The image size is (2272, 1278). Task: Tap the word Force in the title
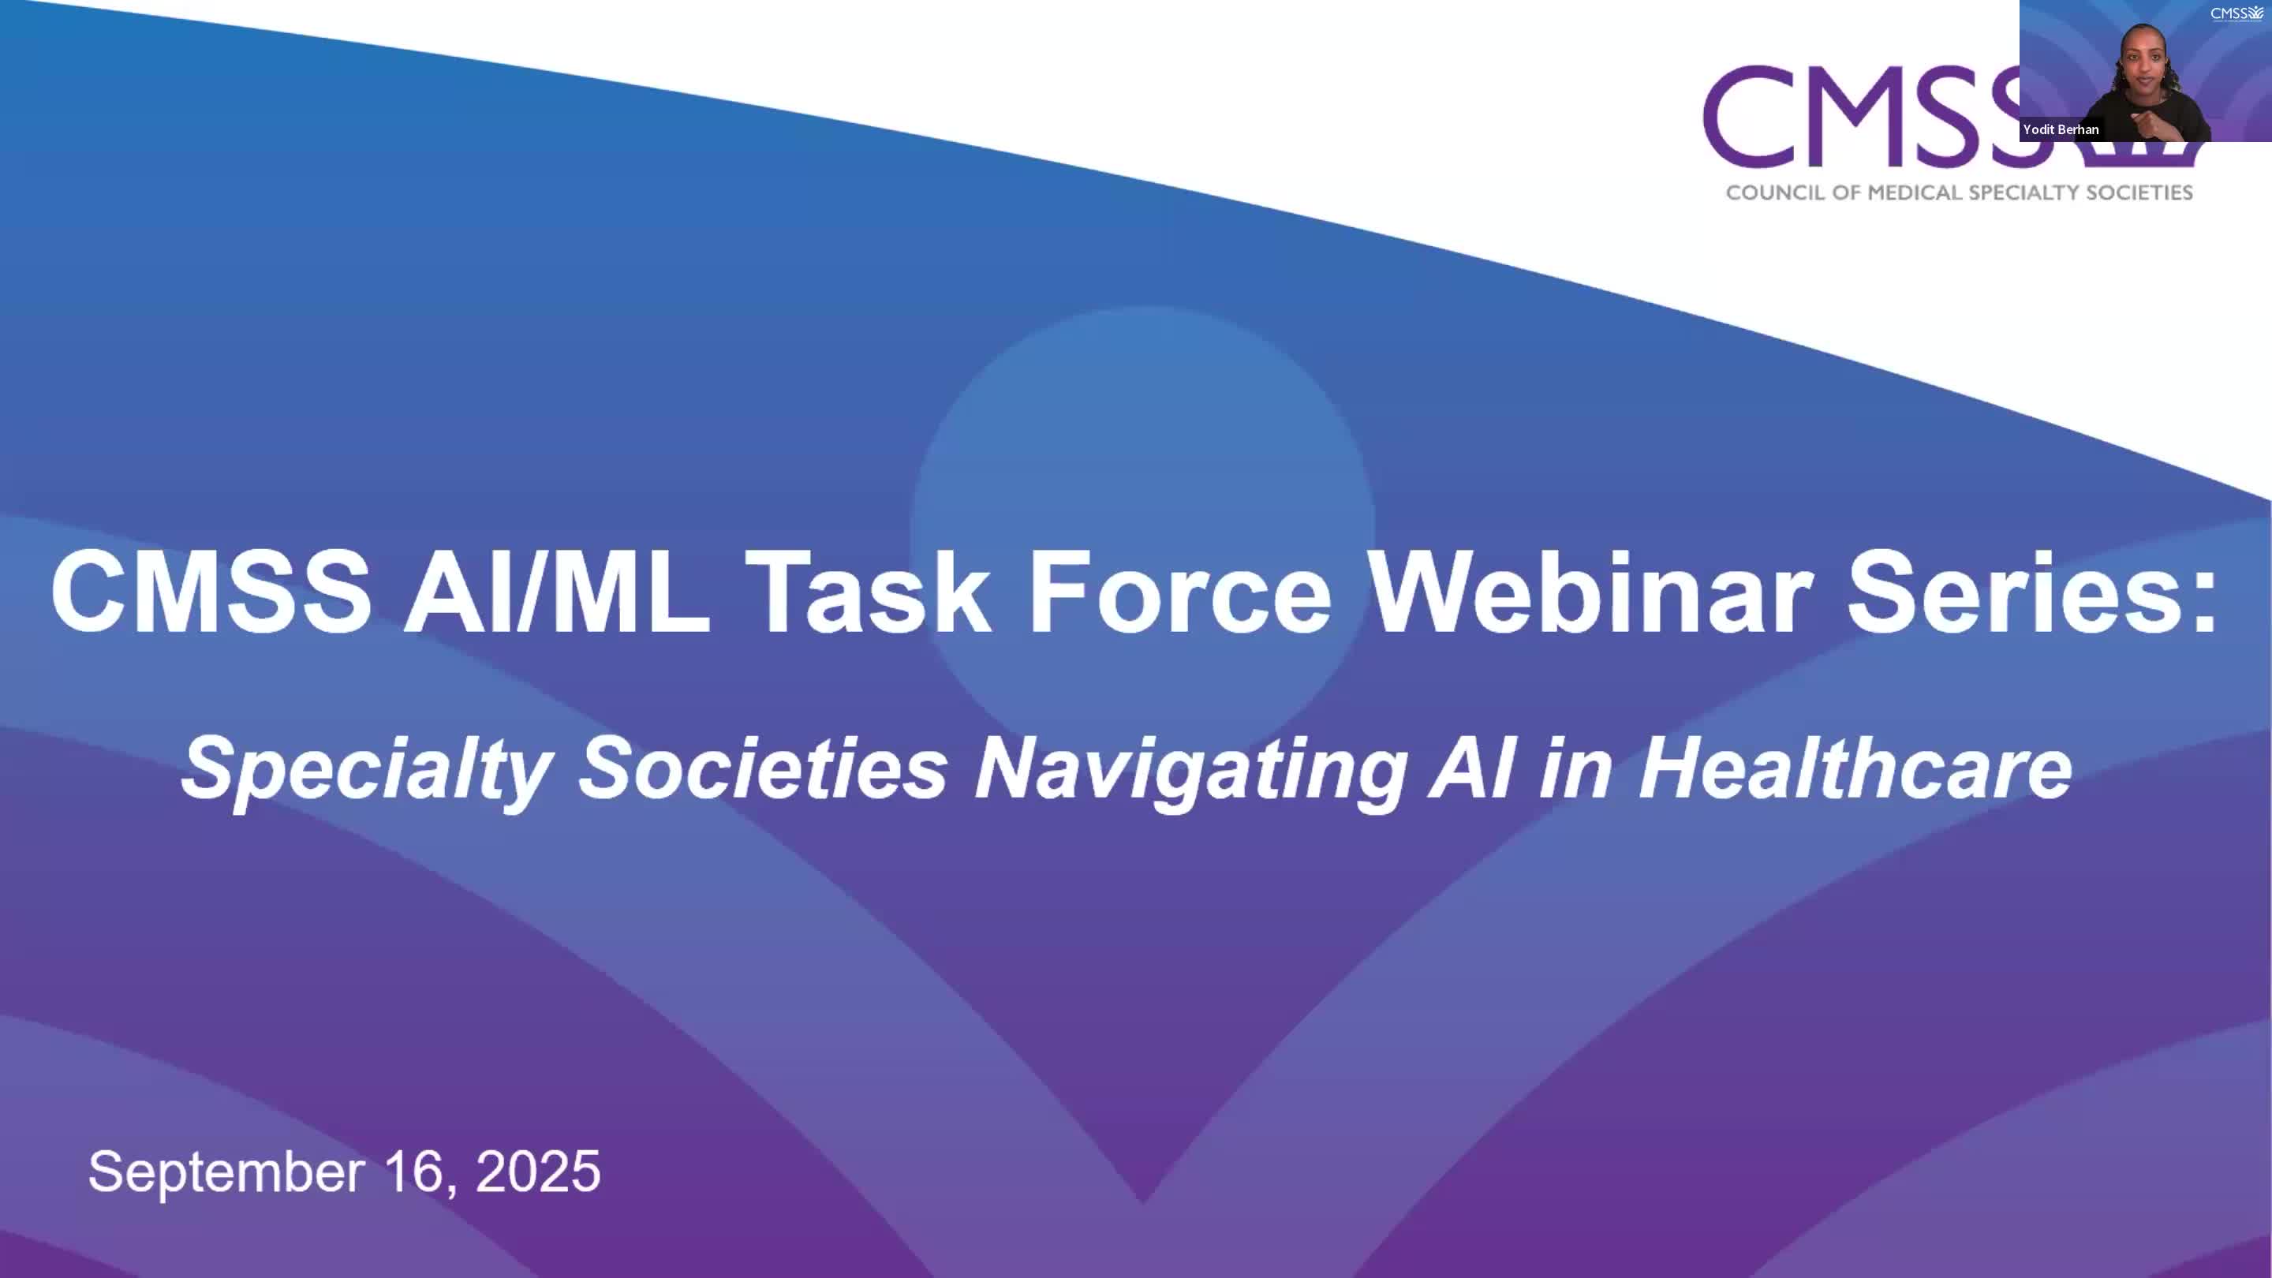coord(1180,591)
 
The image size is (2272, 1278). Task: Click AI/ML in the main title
coord(556,591)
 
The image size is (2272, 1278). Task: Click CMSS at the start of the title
coord(211,591)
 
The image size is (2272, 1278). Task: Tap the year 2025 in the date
coord(538,1171)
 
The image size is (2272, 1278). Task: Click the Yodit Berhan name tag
coord(2061,129)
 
